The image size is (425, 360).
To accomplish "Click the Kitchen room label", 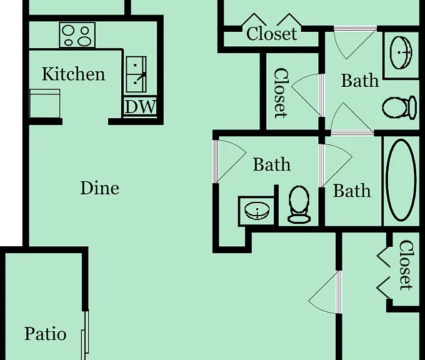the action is click(x=74, y=74).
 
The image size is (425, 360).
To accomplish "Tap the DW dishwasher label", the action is click(x=140, y=107).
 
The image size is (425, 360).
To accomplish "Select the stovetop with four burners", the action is click(x=77, y=35).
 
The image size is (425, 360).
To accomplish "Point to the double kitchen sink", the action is click(x=136, y=74).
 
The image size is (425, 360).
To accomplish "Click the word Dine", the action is click(x=100, y=188).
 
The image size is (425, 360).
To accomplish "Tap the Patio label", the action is click(x=45, y=333).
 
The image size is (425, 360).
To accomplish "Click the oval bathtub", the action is click(x=401, y=180).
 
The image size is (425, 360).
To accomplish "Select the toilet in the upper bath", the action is click(x=399, y=107).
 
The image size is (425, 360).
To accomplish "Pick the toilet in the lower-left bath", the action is click(x=299, y=204).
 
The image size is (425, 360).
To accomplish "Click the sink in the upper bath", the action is click(x=401, y=52).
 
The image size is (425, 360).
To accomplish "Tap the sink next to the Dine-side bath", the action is click(x=257, y=211).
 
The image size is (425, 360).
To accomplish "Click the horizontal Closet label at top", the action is click(x=272, y=34).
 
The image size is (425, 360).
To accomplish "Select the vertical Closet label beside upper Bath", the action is click(x=281, y=93).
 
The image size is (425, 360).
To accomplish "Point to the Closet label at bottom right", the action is click(x=406, y=265).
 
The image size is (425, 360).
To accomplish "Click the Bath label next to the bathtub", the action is click(x=352, y=191).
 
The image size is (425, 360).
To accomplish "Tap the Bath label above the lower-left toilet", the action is click(x=272, y=164).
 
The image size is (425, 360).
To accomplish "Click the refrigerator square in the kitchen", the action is click(x=45, y=103).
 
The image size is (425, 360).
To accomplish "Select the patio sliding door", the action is click(x=86, y=336).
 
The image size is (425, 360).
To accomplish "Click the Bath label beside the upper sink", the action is click(x=359, y=81).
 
